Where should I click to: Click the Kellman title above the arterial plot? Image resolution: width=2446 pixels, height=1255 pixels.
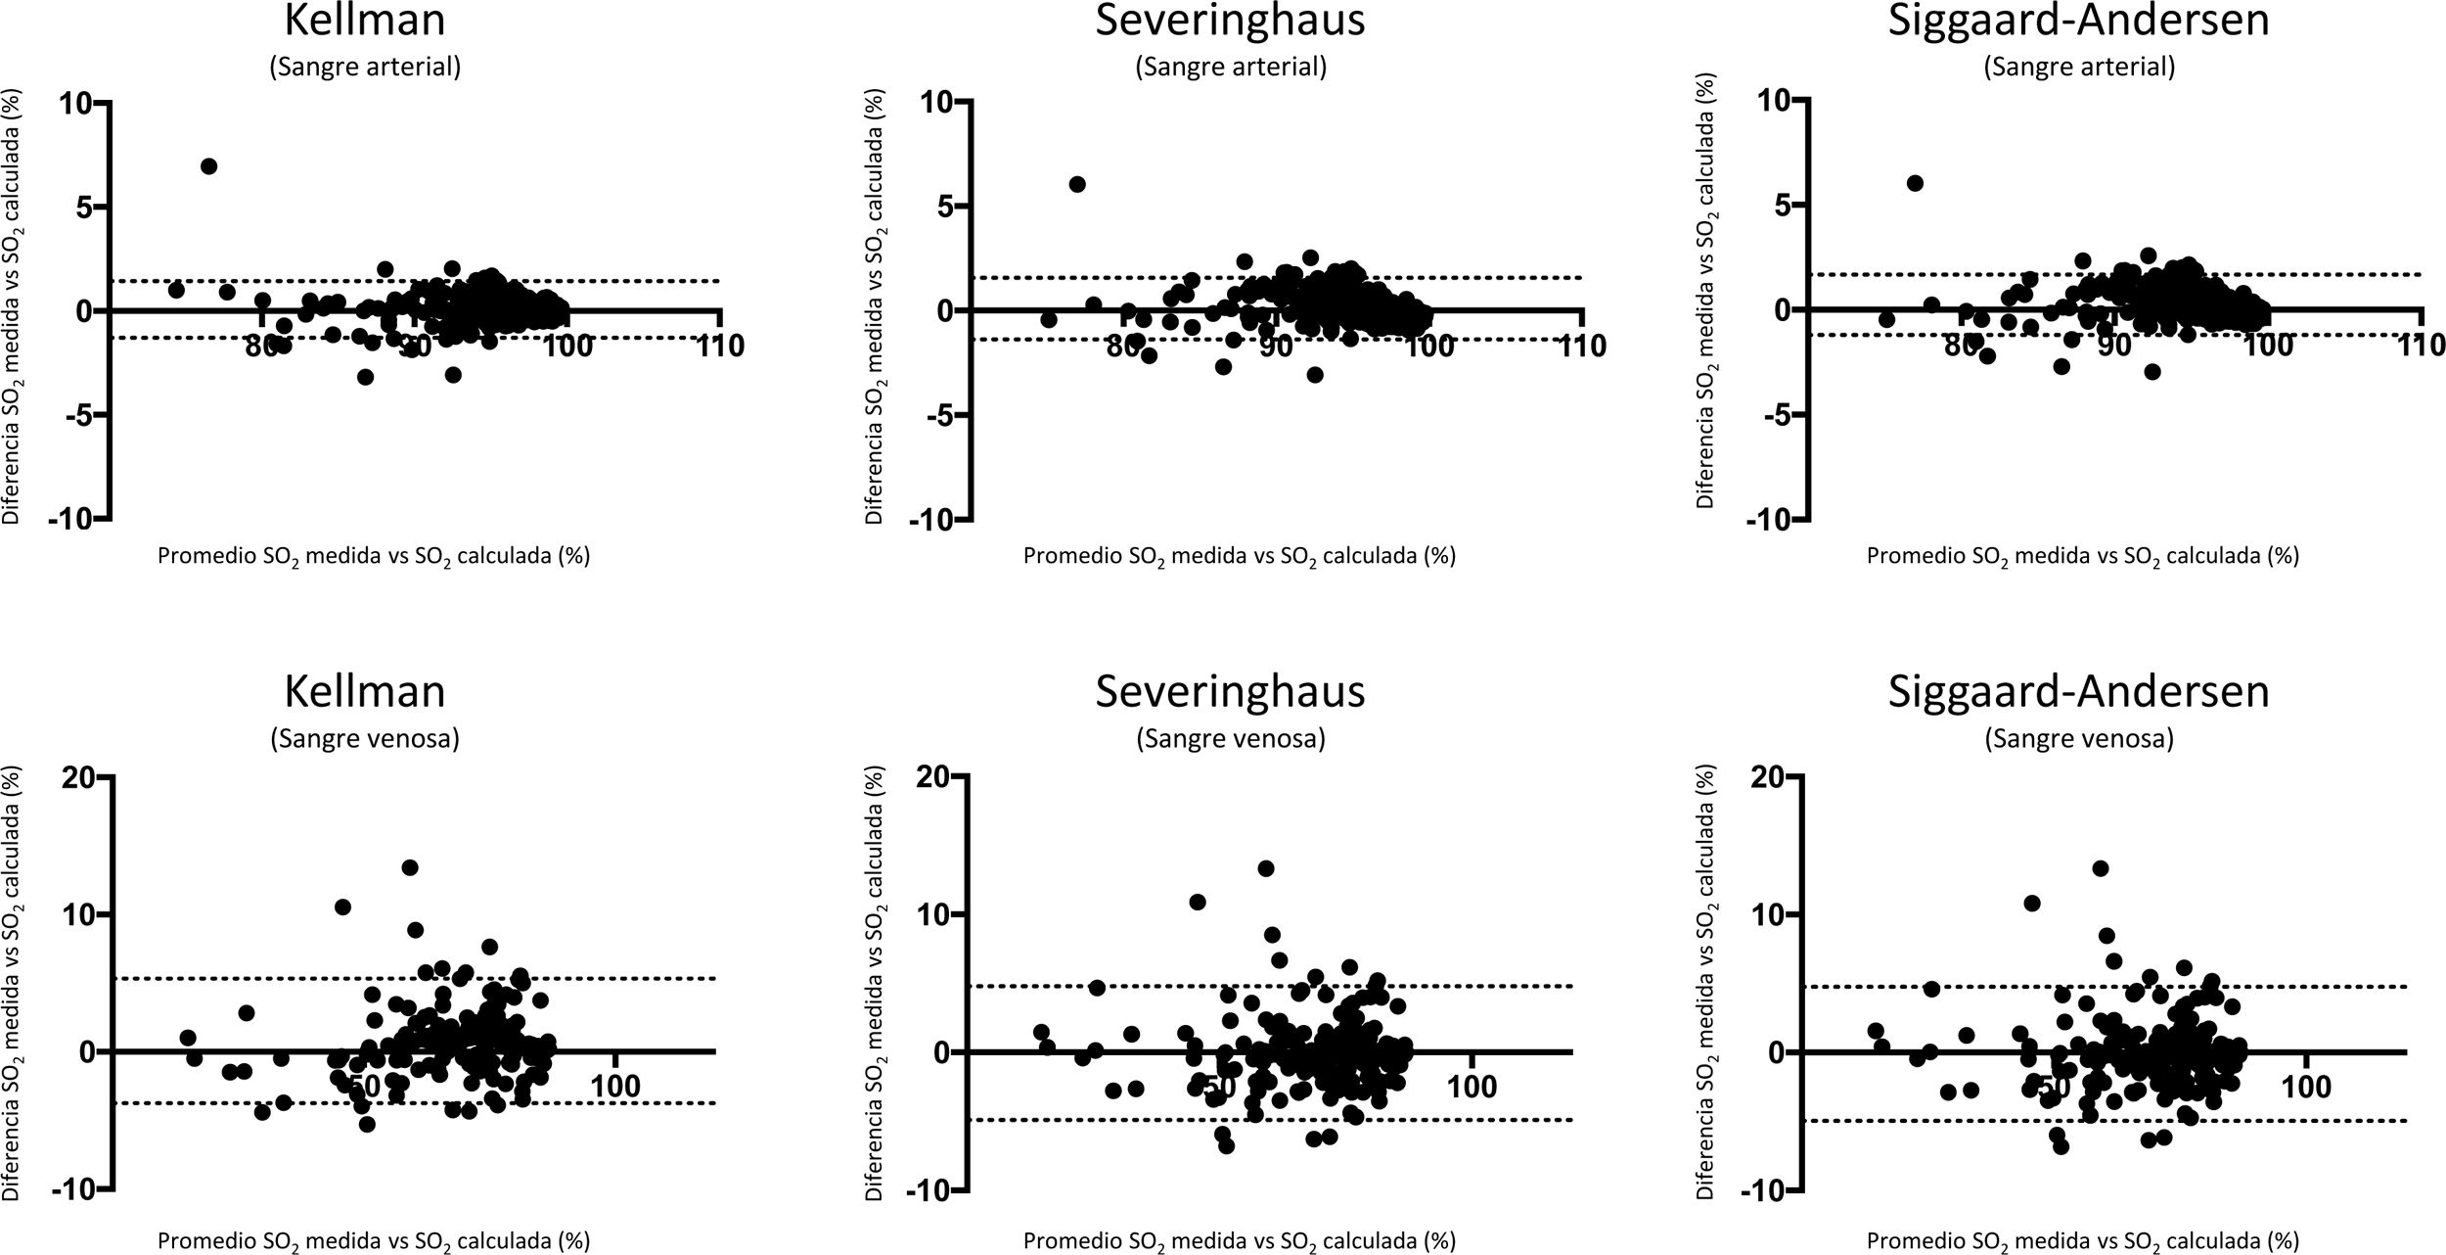pos(365,20)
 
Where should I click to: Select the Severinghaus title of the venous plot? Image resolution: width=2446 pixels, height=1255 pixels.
pos(1230,691)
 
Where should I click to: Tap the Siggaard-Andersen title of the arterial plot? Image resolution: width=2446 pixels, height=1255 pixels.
pos(2078,20)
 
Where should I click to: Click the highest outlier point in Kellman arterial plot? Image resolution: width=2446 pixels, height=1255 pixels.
pos(208,166)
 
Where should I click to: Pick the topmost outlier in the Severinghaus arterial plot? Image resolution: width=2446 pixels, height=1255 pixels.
pos(1077,184)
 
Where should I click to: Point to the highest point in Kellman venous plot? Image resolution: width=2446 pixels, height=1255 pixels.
pos(410,867)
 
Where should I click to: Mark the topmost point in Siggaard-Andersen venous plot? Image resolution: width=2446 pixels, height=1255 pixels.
pos(2100,868)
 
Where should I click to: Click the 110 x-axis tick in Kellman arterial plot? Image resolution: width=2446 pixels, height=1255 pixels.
pos(721,347)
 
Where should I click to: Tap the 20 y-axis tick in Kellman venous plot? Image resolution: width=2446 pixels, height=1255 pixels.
pos(78,778)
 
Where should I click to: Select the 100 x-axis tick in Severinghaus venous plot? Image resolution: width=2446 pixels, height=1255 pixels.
pos(1472,1087)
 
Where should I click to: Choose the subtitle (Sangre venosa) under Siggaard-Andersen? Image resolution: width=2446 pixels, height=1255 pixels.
pos(2078,739)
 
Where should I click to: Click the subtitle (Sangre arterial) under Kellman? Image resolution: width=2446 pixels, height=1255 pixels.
pos(365,67)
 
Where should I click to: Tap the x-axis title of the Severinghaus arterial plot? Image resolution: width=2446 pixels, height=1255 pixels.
pos(1239,556)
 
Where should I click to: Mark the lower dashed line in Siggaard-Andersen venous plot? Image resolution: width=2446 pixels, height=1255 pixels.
pos(2250,1121)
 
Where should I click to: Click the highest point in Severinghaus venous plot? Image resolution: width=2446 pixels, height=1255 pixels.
pos(1265,868)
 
